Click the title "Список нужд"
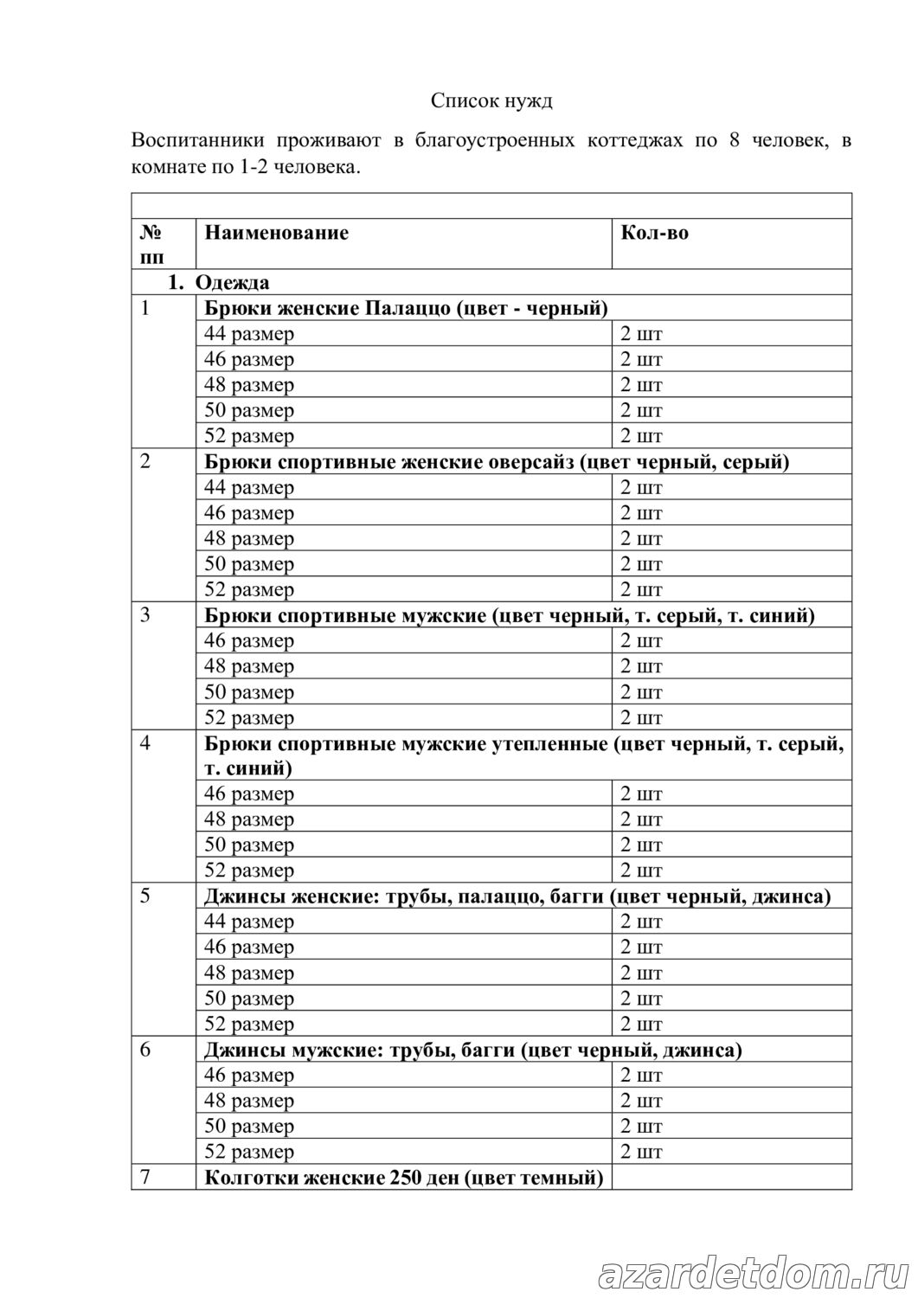(491, 101)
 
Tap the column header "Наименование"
(276, 233)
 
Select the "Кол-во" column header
(654, 233)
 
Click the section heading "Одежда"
(232, 283)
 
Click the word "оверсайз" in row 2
(531, 462)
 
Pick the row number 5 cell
(145, 896)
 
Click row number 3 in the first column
(145, 616)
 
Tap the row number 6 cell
(145, 1050)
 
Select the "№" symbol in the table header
(149, 233)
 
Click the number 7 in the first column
(145, 1178)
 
